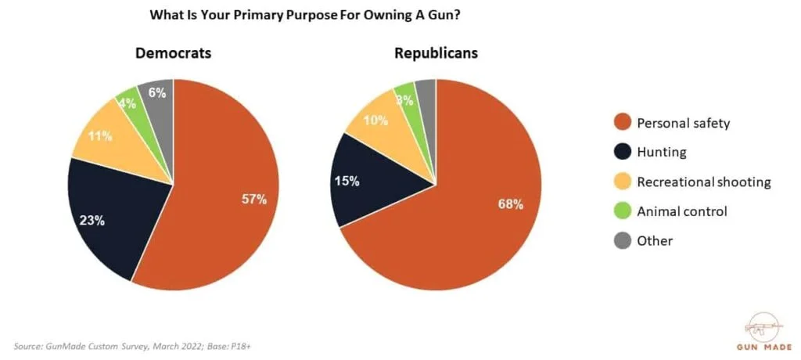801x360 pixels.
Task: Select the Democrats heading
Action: (173, 53)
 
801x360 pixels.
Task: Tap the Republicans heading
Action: (436, 53)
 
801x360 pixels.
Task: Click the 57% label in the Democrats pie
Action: (253, 199)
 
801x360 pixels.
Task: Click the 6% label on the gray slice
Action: (156, 92)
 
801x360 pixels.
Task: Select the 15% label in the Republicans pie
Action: (347, 181)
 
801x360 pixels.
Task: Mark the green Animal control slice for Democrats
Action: (129, 103)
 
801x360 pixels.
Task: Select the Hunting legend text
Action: (662, 153)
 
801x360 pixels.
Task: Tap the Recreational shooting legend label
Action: (703, 182)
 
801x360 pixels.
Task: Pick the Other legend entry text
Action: (654, 240)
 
